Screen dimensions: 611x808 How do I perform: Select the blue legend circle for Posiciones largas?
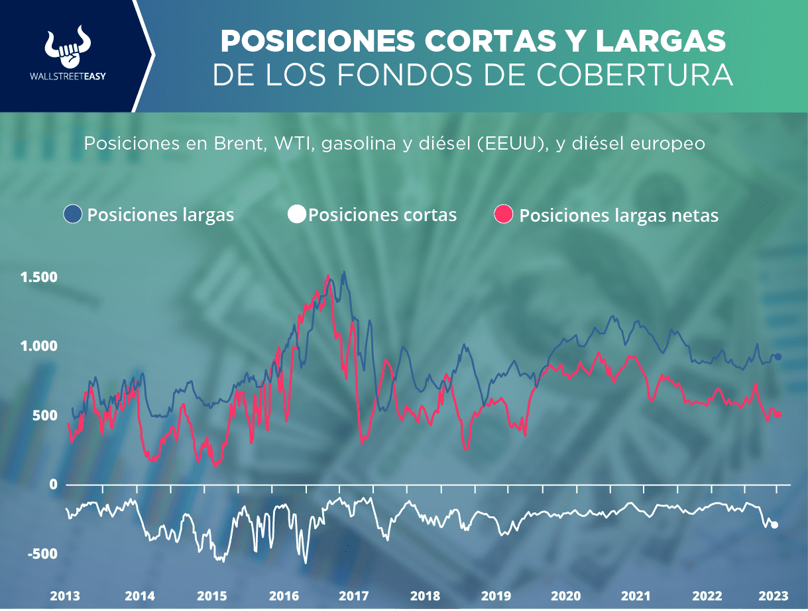point(72,214)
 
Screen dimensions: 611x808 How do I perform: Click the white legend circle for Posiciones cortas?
point(297,214)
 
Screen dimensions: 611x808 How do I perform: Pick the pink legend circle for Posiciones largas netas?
point(505,214)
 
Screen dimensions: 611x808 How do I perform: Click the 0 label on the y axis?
point(53,485)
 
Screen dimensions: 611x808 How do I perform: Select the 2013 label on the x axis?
point(66,595)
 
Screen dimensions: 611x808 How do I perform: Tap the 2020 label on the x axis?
point(565,595)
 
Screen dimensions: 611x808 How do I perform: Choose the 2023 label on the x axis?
point(773,595)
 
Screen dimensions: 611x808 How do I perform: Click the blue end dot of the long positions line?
point(779,357)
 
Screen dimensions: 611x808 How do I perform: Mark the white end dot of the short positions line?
point(775,525)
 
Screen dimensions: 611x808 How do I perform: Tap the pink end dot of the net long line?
point(779,414)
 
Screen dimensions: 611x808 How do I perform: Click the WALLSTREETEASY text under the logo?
point(68,75)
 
